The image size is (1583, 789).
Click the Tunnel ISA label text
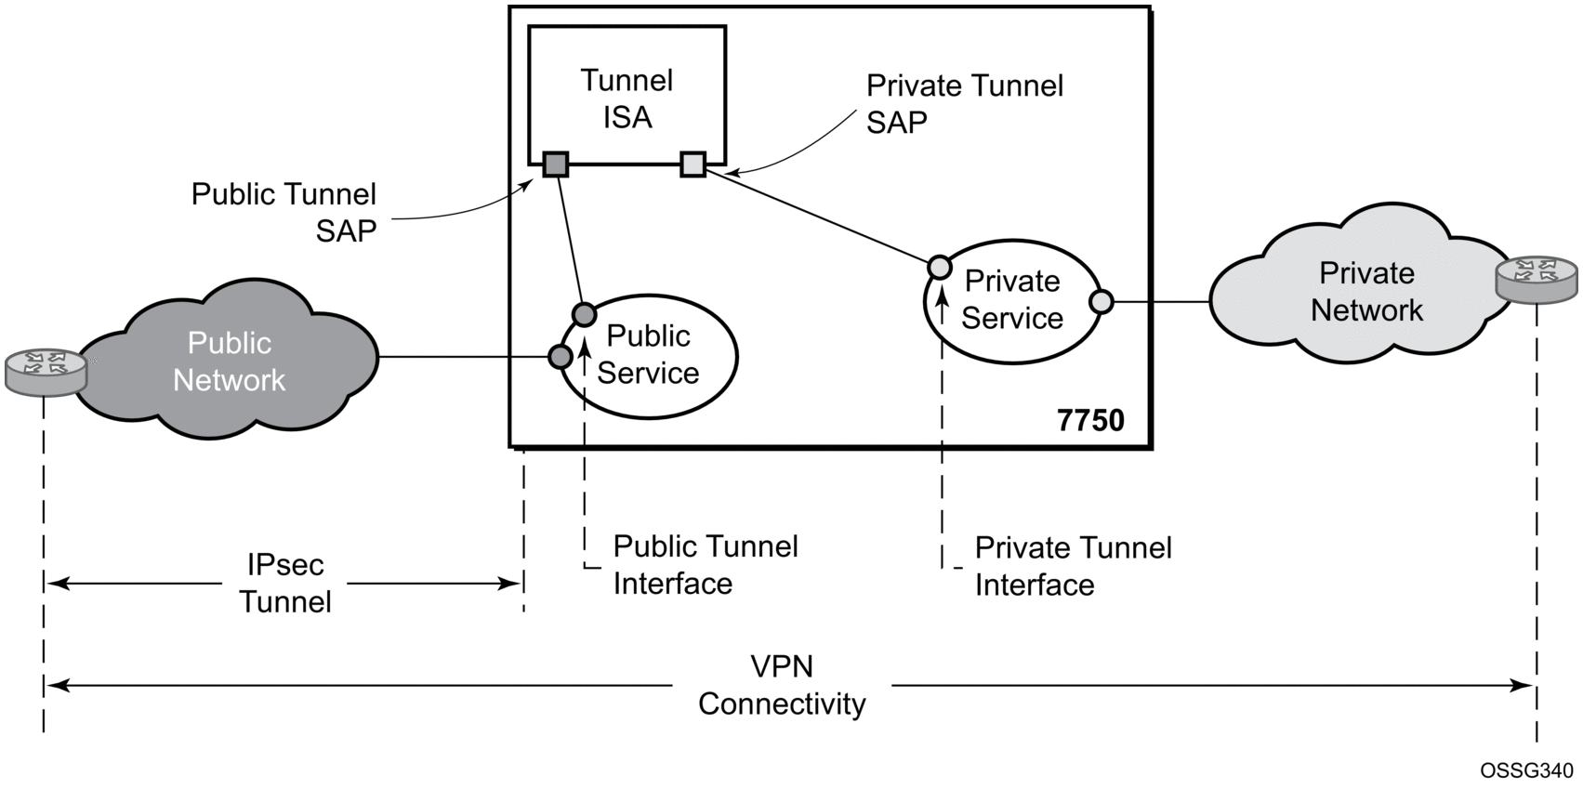tap(627, 99)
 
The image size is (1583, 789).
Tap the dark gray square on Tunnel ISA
tap(555, 164)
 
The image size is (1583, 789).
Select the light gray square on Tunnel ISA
tap(693, 164)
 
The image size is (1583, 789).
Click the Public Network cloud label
tap(229, 362)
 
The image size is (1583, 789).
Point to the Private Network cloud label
tap(1366, 292)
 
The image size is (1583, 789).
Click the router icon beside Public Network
tap(46, 371)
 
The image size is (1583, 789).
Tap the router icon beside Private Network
tap(1536, 279)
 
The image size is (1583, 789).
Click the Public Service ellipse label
tap(648, 354)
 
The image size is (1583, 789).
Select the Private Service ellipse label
tap(1011, 299)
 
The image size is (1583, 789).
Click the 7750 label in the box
tap(1090, 420)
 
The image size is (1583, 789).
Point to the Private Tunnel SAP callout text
tap(964, 104)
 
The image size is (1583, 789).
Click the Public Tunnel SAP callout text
tap(284, 212)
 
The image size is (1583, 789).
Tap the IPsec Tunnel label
tap(285, 584)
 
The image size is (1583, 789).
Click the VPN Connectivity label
tap(782, 685)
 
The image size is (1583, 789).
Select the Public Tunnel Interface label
tap(705, 564)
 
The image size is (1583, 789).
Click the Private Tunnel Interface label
tap(1073, 566)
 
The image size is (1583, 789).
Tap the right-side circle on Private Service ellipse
tap(1101, 302)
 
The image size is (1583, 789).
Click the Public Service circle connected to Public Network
tap(560, 357)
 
